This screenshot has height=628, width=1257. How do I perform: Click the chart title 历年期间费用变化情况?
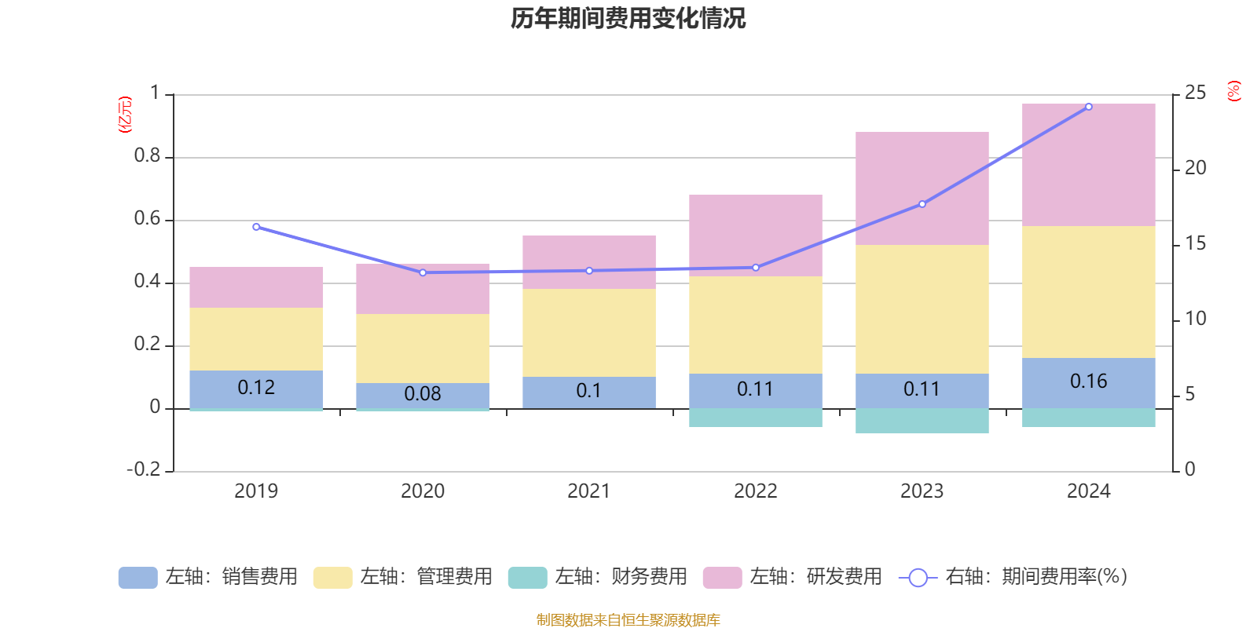[628, 18]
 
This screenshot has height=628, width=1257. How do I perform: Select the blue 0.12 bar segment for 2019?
[256, 389]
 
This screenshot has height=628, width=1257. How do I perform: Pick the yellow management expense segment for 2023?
[922, 309]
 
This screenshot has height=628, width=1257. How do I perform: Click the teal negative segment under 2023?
[922, 421]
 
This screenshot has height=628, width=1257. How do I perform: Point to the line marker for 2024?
[1088, 107]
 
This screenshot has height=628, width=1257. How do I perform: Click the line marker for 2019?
[256, 227]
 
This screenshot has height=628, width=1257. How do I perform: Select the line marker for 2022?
[756, 268]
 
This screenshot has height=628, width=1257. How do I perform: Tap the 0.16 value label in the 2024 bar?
[1088, 382]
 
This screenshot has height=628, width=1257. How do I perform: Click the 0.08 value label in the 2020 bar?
[423, 393]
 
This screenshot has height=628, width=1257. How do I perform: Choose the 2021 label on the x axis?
[588, 491]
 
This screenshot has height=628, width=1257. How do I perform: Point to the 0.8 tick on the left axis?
[147, 156]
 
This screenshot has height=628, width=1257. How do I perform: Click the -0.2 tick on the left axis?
[144, 469]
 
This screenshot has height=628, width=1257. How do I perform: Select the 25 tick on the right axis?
[1195, 93]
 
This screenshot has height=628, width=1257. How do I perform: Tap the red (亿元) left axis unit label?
[125, 115]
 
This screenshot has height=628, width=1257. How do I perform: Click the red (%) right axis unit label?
[1233, 91]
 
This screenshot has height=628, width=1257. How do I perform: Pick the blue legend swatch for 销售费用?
[137, 578]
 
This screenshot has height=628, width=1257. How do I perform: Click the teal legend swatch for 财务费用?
[527, 578]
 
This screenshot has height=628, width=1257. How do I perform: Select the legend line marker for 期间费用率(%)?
[918, 578]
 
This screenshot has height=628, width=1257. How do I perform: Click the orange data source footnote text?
[628, 620]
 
